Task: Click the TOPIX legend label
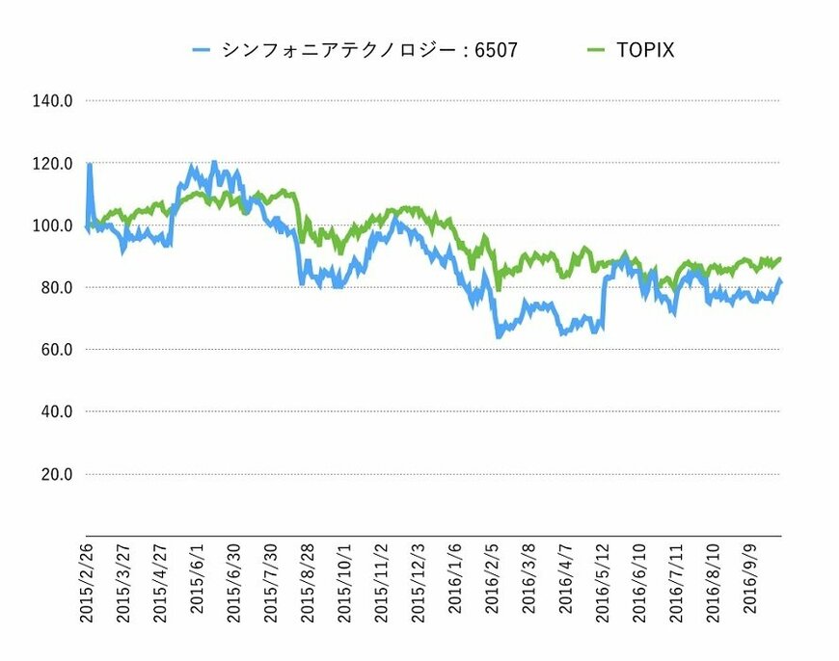tap(645, 50)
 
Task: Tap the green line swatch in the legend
tap(595, 50)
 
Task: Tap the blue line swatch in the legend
tap(202, 50)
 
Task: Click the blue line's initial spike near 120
tap(90, 165)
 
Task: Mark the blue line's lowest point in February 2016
tap(499, 336)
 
